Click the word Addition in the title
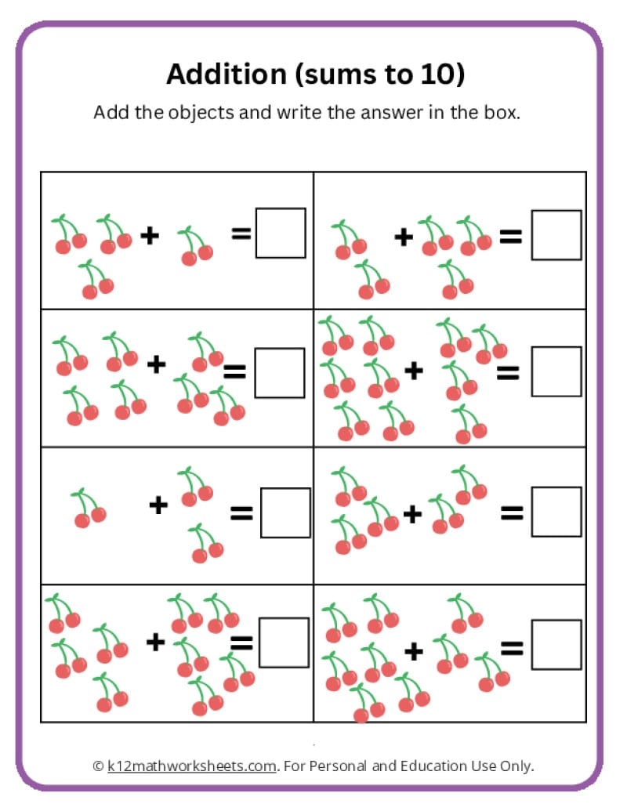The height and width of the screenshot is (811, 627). [221, 74]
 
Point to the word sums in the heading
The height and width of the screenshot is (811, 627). [339, 74]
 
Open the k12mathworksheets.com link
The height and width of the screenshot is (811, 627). [192, 766]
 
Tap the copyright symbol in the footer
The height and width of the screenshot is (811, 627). [98, 766]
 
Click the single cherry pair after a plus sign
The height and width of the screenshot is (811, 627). [195, 245]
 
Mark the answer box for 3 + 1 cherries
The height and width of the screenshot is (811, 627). [280, 233]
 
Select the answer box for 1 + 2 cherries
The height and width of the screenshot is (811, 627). [285, 512]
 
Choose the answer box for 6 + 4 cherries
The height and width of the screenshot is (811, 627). [556, 372]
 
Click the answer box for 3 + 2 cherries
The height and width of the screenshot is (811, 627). [556, 512]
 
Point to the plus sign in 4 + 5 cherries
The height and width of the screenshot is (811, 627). [156, 643]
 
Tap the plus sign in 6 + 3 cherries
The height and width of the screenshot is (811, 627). [413, 650]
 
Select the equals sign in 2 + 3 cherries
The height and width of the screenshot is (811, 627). [511, 234]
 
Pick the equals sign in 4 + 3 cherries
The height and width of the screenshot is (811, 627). [234, 371]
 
